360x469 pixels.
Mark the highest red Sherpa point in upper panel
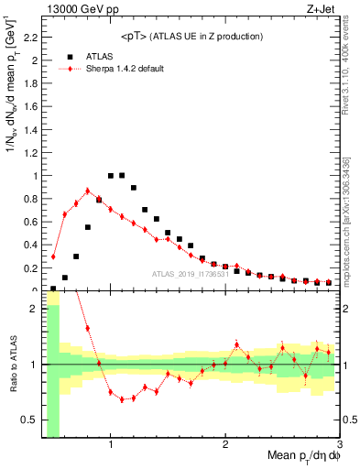pos(88,191)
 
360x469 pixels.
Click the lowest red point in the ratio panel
pos(122,399)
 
